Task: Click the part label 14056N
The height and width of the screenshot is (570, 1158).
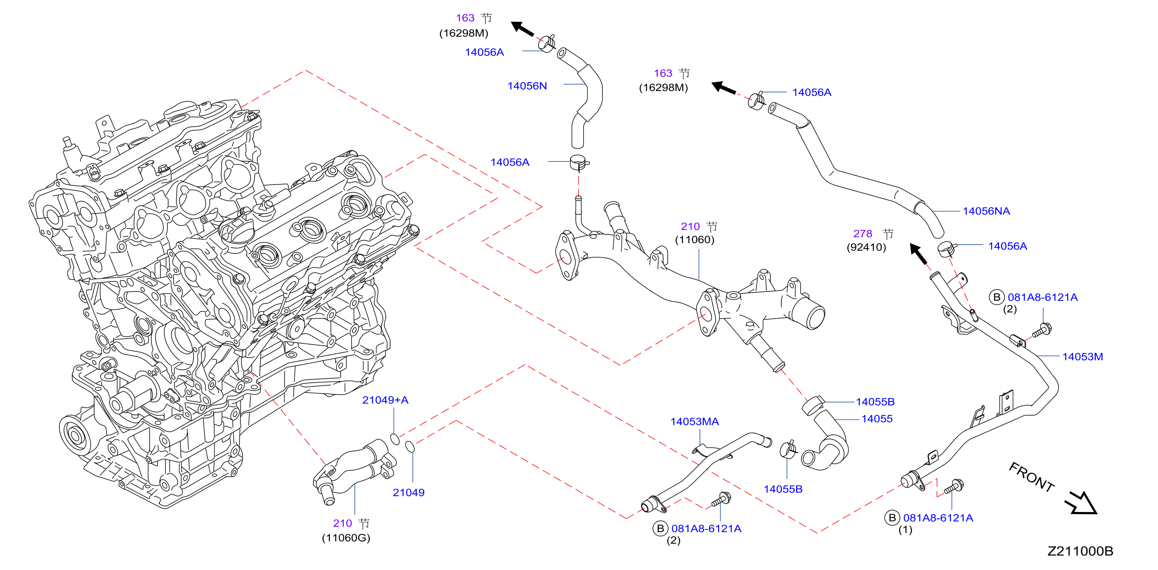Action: click(527, 86)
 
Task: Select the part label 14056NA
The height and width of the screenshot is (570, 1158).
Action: click(986, 211)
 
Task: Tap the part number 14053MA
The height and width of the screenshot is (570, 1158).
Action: click(695, 422)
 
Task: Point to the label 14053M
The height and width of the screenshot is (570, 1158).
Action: click(1082, 357)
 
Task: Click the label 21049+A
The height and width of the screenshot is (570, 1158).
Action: click(385, 400)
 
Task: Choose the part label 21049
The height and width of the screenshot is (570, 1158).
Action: click(408, 493)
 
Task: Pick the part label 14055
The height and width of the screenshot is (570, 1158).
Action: click(877, 419)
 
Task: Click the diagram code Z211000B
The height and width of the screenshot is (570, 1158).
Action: click(1080, 551)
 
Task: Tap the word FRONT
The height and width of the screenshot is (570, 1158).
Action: click(1032, 477)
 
